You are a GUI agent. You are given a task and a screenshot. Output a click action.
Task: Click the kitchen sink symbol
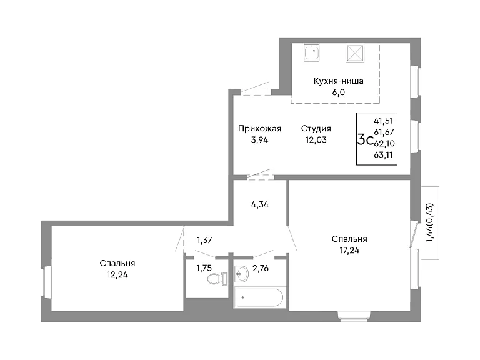pos(312,52)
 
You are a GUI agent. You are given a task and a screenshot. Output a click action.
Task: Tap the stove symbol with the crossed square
pos(355,53)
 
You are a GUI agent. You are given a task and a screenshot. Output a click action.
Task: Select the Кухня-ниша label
pos(339,81)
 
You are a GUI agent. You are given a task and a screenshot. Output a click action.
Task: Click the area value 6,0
pos(339,92)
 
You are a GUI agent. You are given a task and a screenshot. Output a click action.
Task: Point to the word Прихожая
pos(259,129)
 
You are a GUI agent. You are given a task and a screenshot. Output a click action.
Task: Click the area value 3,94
pos(259,140)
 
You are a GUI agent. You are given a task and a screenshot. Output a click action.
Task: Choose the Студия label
pos(316,129)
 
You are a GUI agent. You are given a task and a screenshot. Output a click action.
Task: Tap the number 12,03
pos(316,140)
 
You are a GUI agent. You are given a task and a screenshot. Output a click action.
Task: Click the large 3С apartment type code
pos(365,141)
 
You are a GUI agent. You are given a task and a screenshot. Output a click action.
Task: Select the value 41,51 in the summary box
pos(384,121)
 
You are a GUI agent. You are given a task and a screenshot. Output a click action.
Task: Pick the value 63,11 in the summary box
pos(383,155)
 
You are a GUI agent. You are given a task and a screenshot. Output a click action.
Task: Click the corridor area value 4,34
pos(260,204)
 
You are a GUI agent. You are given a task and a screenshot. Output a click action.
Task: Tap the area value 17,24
pos(349,251)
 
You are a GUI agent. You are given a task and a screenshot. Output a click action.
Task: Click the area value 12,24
pos(117,275)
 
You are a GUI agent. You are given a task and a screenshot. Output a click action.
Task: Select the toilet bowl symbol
pos(217,279)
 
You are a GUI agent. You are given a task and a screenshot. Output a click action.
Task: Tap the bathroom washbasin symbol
pos(242,273)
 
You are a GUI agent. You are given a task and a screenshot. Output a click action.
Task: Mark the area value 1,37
pos(204,240)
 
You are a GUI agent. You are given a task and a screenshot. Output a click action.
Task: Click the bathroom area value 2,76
pos(261,269)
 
